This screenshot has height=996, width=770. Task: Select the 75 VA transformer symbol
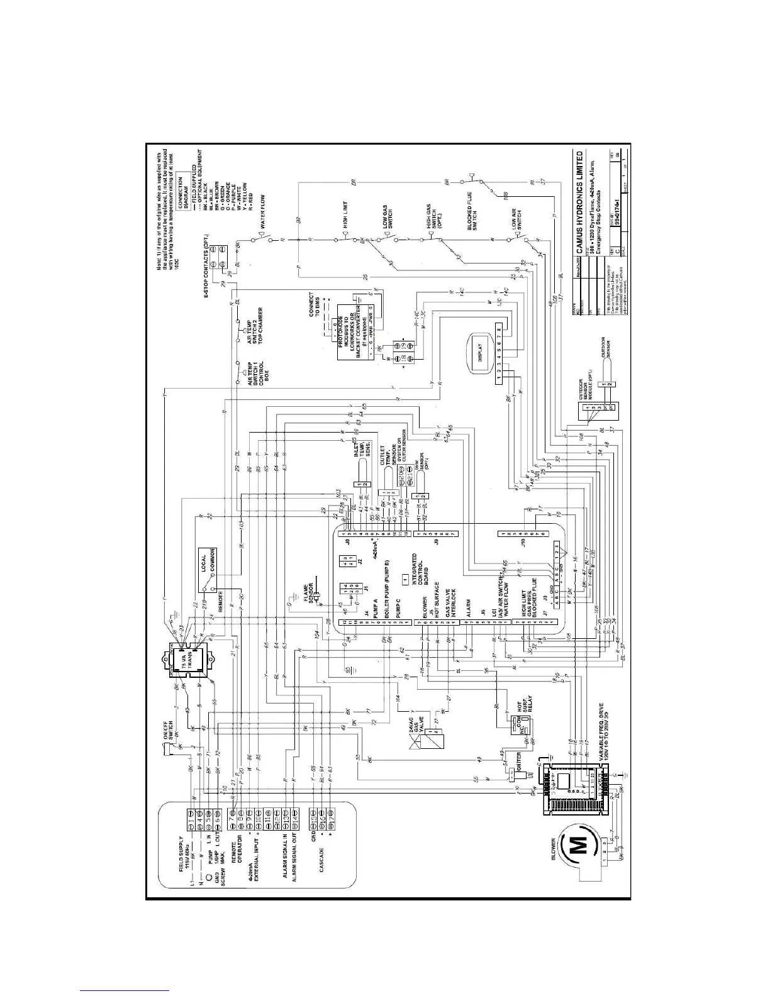click(x=188, y=660)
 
